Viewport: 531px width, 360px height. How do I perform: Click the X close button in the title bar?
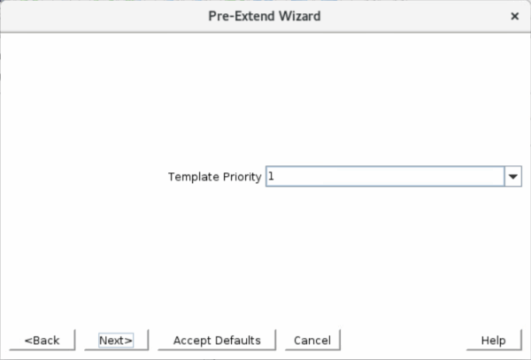[x=514, y=16]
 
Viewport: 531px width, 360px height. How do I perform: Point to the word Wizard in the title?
[x=299, y=16]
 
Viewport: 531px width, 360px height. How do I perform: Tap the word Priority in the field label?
[x=242, y=177]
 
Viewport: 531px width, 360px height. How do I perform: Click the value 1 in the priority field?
[x=271, y=176]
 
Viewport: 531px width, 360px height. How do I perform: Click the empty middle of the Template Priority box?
[x=385, y=176]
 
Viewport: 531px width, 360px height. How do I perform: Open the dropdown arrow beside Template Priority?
[x=513, y=176]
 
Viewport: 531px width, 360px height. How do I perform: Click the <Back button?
[x=42, y=340]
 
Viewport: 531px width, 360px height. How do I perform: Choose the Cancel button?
[x=312, y=340]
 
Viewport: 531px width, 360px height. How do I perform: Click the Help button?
[x=494, y=340]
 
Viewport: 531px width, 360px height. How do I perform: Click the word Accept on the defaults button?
[x=193, y=341]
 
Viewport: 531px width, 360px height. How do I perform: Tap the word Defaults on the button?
[x=238, y=341]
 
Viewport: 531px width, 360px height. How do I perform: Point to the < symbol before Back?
[x=27, y=341]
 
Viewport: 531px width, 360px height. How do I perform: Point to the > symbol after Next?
[x=128, y=341]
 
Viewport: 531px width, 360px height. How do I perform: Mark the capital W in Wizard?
[x=284, y=16]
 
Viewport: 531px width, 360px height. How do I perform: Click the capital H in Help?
[x=485, y=341]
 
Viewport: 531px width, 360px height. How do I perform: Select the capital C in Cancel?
[x=297, y=341]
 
